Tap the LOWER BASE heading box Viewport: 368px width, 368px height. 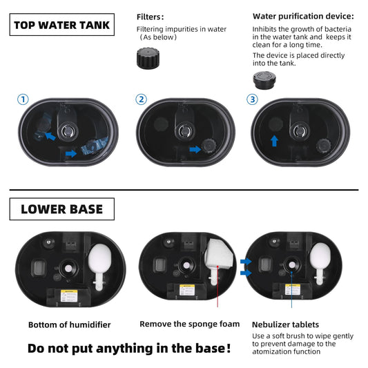point(61,209)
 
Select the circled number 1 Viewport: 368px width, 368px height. point(23,99)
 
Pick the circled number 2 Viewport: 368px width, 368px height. point(142,99)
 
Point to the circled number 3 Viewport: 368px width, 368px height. point(252,99)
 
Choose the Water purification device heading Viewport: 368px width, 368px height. point(303,16)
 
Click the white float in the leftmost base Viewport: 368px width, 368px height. point(101,262)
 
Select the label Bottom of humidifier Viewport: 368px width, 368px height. point(69,325)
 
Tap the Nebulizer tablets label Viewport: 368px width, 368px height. point(285,324)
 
